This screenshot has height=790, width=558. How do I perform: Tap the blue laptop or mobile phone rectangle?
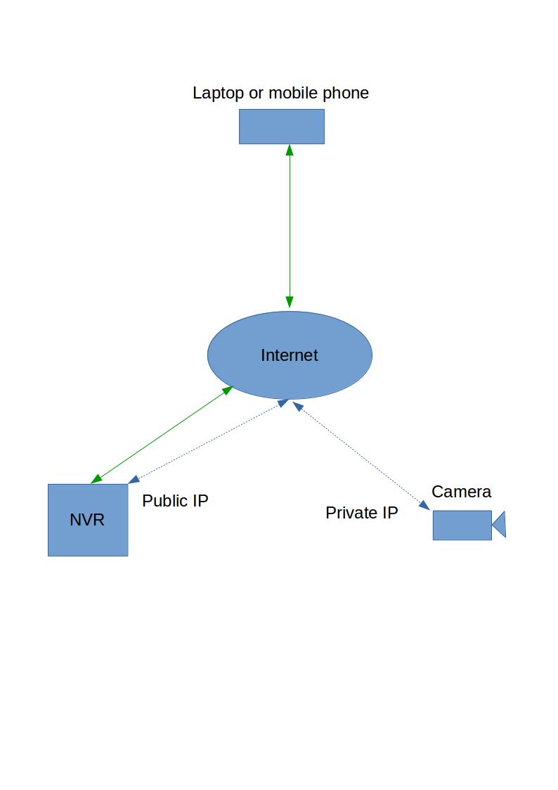[x=282, y=127]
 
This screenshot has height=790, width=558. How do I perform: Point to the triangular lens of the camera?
[x=500, y=525]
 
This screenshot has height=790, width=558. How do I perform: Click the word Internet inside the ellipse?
[x=290, y=355]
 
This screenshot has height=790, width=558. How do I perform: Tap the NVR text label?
[x=87, y=521]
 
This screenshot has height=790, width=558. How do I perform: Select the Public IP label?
[x=175, y=501]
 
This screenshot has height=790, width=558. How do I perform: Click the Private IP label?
[x=361, y=513]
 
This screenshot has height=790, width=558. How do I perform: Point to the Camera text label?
[x=461, y=492]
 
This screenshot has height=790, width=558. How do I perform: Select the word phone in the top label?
[x=346, y=93]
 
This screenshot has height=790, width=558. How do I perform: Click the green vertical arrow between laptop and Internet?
[x=290, y=225]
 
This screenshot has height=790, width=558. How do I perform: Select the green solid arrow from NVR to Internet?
[x=162, y=435]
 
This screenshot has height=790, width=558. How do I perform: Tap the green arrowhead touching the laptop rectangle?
[x=290, y=150]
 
